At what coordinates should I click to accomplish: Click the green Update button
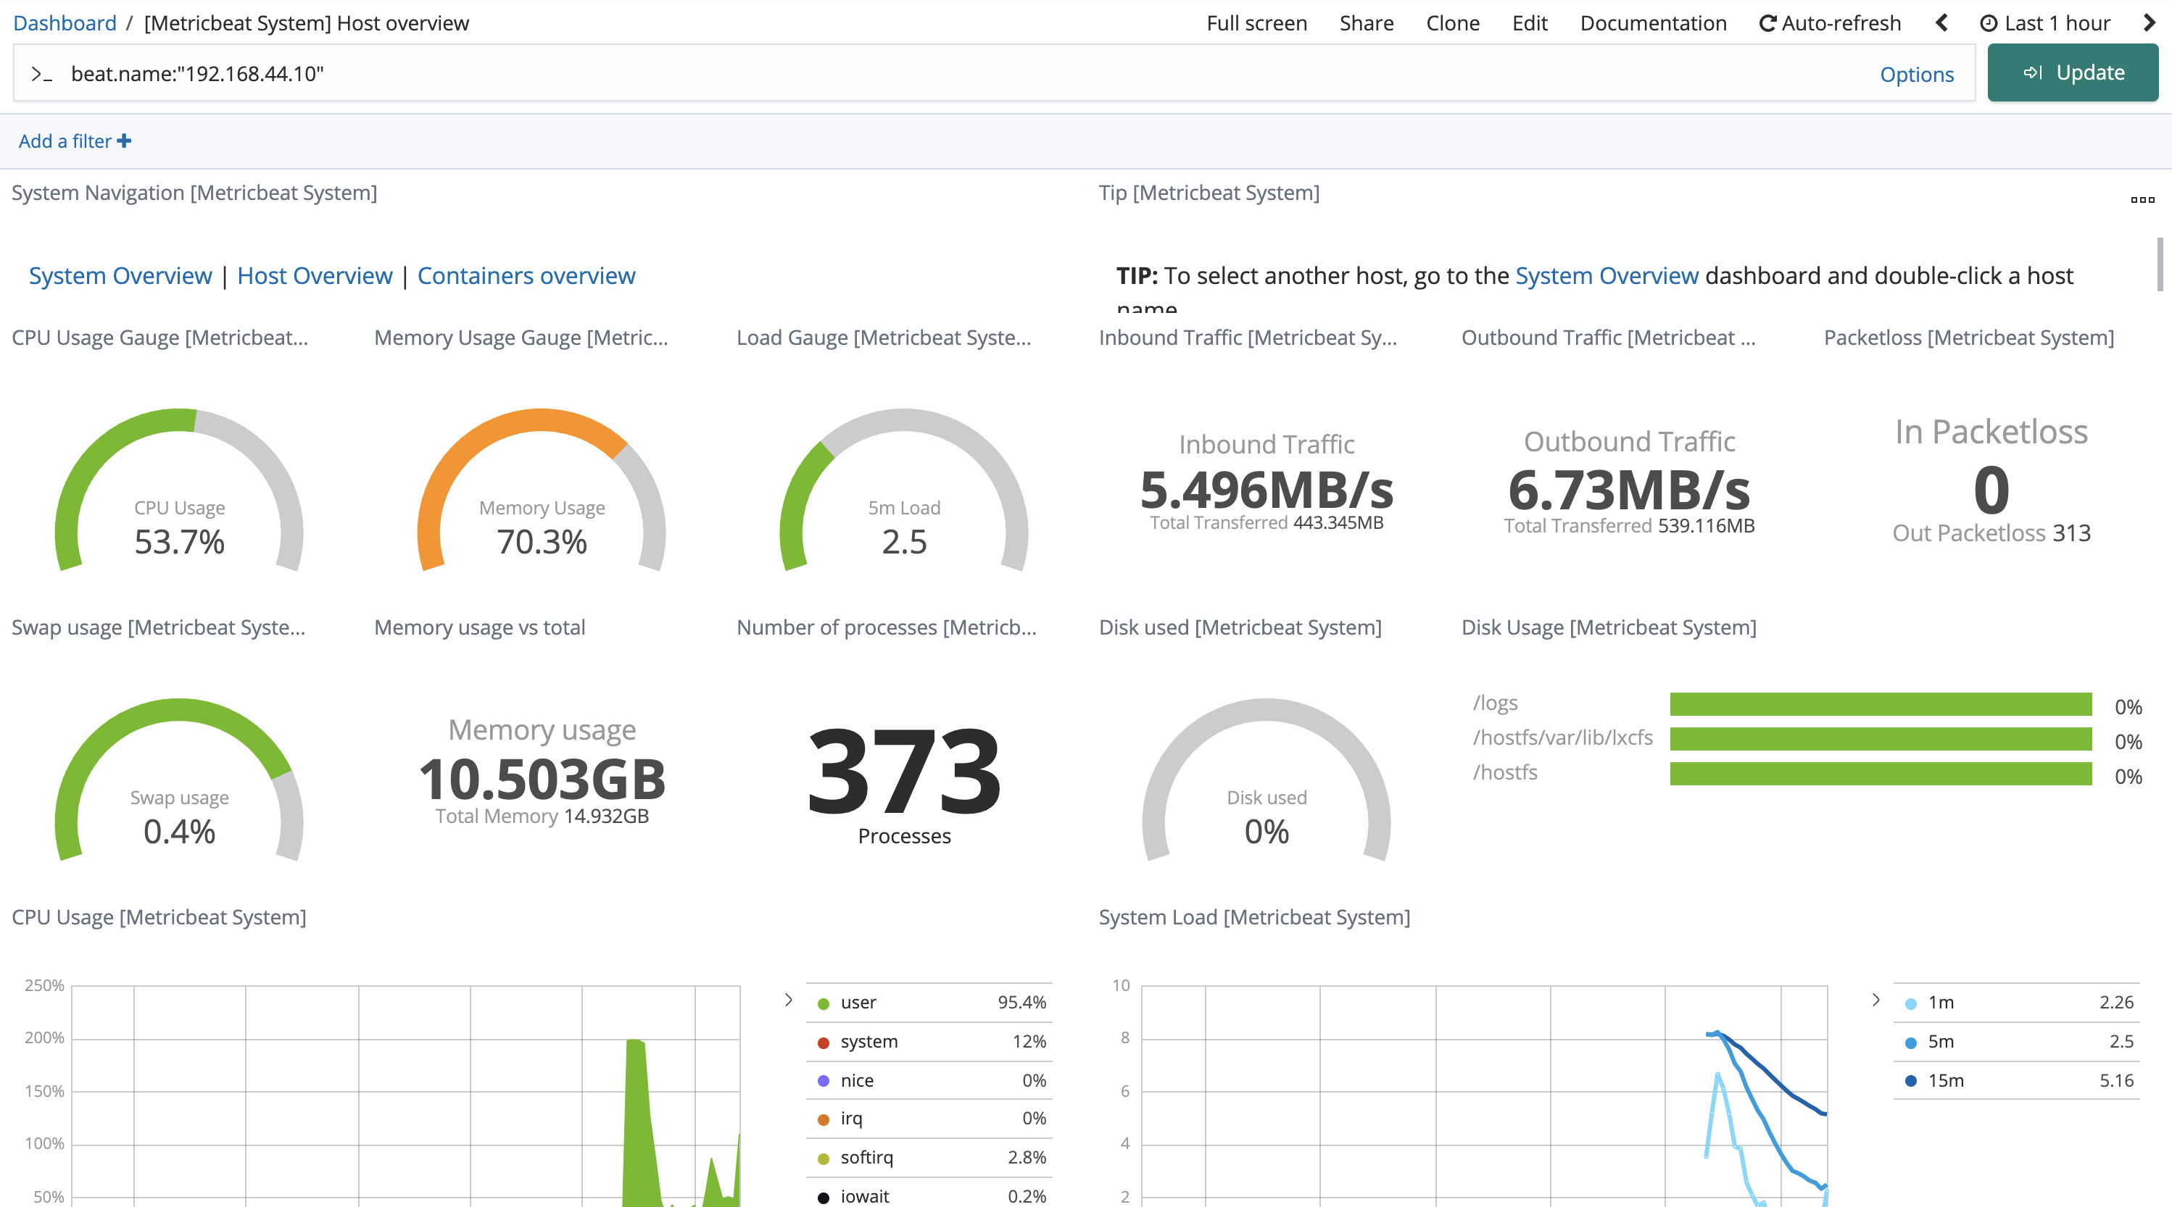[x=2072, y=72]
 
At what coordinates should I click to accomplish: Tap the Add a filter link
[x=74, y=141]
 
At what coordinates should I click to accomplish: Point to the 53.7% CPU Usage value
[x=180, y=542]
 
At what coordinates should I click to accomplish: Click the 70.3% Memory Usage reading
[x=542, y=542]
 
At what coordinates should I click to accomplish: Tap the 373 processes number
[x=904, y=772]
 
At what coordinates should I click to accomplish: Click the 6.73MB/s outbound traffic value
[x=1628, y=490]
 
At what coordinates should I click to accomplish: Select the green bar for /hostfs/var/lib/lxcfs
[x=1881, y=739]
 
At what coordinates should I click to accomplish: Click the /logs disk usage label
[x=1495, y=703]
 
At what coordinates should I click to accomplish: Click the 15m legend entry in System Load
[x=1946, y=1080]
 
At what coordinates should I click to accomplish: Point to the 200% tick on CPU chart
[x=43, y=1037]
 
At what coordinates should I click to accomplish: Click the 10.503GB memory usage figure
[x=542, y=779]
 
